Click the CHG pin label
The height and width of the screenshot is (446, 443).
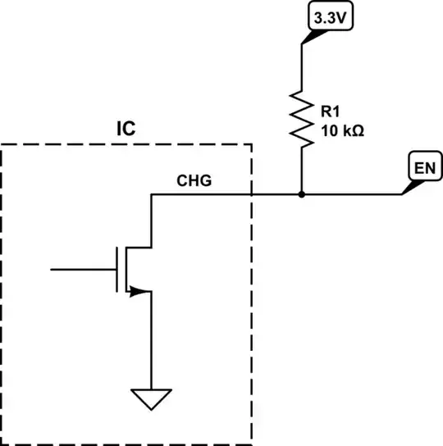pyautogui.click(x=194, y=181)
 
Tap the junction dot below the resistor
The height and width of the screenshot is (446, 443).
pyautogui.click(x=302, y=195)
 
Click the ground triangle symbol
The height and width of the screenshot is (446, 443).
pyautogui.click(x=152, y=400)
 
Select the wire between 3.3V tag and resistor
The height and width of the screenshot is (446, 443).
pyautogui.click(x=302, y=66)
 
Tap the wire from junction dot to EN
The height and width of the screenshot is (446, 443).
pyautogui.click(x=353, y=195)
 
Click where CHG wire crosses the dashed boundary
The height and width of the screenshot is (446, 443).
pyautogui.click(x=251, y=195)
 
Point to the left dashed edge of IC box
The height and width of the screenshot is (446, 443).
pyautogui.click(x=2, y=295)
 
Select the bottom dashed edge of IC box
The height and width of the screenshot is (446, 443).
pyautogui.click(x=123, y=444)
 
